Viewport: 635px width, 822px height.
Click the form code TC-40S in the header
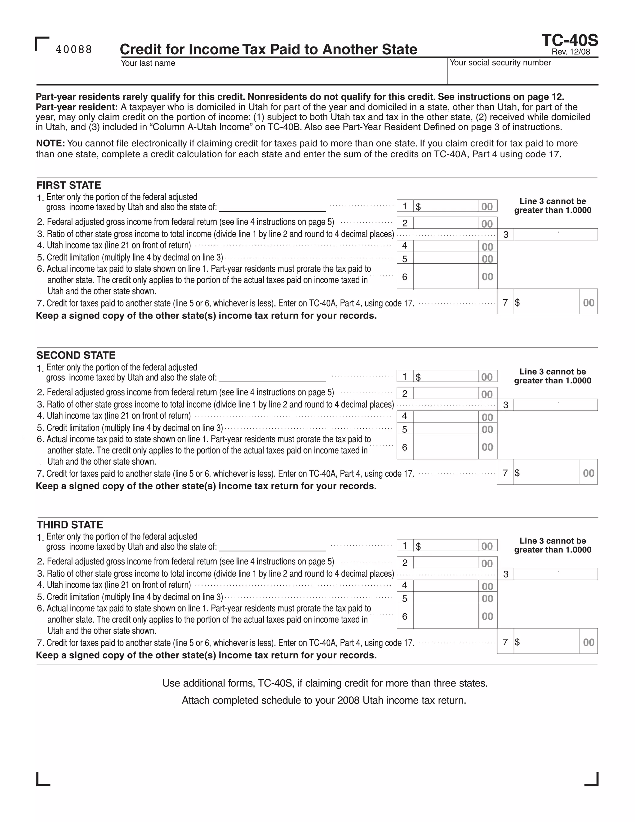pos(569,40)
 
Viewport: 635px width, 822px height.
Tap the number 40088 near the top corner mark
pos(74,50)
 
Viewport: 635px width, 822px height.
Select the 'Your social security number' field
pos(522,75)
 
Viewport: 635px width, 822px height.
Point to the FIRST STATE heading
pos(69,185)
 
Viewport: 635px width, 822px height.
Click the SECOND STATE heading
pos(76,355)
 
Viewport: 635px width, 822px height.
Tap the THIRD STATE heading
pos(69,525)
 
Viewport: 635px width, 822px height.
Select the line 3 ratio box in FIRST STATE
pos(555,235)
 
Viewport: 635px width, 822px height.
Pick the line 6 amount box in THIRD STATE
pos(446,616)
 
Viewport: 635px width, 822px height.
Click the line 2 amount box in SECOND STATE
pos(446,393)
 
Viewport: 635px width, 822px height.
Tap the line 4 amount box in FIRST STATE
pos(446,246)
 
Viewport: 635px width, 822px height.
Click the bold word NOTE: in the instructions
pos(51,143)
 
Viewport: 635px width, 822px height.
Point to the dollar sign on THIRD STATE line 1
pos(418,546)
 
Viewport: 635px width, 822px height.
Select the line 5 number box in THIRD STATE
pos(405,598)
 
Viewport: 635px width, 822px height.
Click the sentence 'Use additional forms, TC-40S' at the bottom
pos(325,683)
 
